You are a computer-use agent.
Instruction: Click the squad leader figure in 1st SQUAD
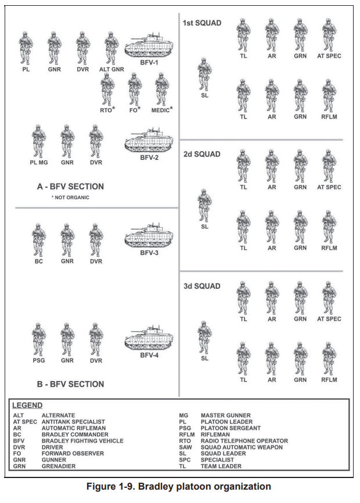(x=204, y=73)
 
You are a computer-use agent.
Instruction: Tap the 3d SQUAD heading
(x=201, y=286)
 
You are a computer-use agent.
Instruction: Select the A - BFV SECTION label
(x=70, y=186)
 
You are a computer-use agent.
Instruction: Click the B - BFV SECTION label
(x=70, y=384)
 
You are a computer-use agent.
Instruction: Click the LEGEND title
(x=27, y=405)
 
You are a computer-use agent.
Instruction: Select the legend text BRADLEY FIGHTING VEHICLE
(x=82, y=441)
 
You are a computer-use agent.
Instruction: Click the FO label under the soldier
(x=133, y=109)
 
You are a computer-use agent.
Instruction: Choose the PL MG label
(x=39, y=163)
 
